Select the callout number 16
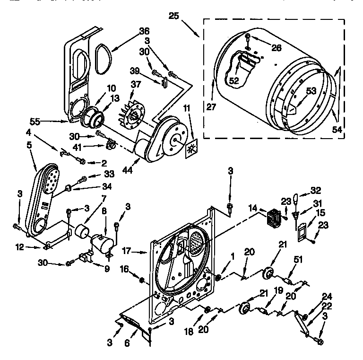124,269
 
